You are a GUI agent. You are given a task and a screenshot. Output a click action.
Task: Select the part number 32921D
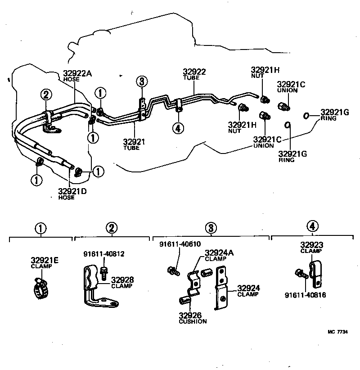pos(72,192)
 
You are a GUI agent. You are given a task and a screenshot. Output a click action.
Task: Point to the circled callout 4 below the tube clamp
pos(178,128)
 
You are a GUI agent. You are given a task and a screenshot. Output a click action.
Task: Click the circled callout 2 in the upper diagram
pos(46,95)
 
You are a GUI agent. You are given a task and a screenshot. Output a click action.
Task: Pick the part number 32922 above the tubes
pos(194,72)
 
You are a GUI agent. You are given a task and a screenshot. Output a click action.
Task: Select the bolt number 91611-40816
pos(305,295)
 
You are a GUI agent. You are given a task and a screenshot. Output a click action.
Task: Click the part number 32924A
pos(219,253)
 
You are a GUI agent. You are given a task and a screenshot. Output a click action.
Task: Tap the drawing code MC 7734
pos(337,332)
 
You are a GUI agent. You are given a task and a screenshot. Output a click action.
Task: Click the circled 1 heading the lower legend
pos(41,228)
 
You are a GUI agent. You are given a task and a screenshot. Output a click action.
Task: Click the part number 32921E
pos(45,260)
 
